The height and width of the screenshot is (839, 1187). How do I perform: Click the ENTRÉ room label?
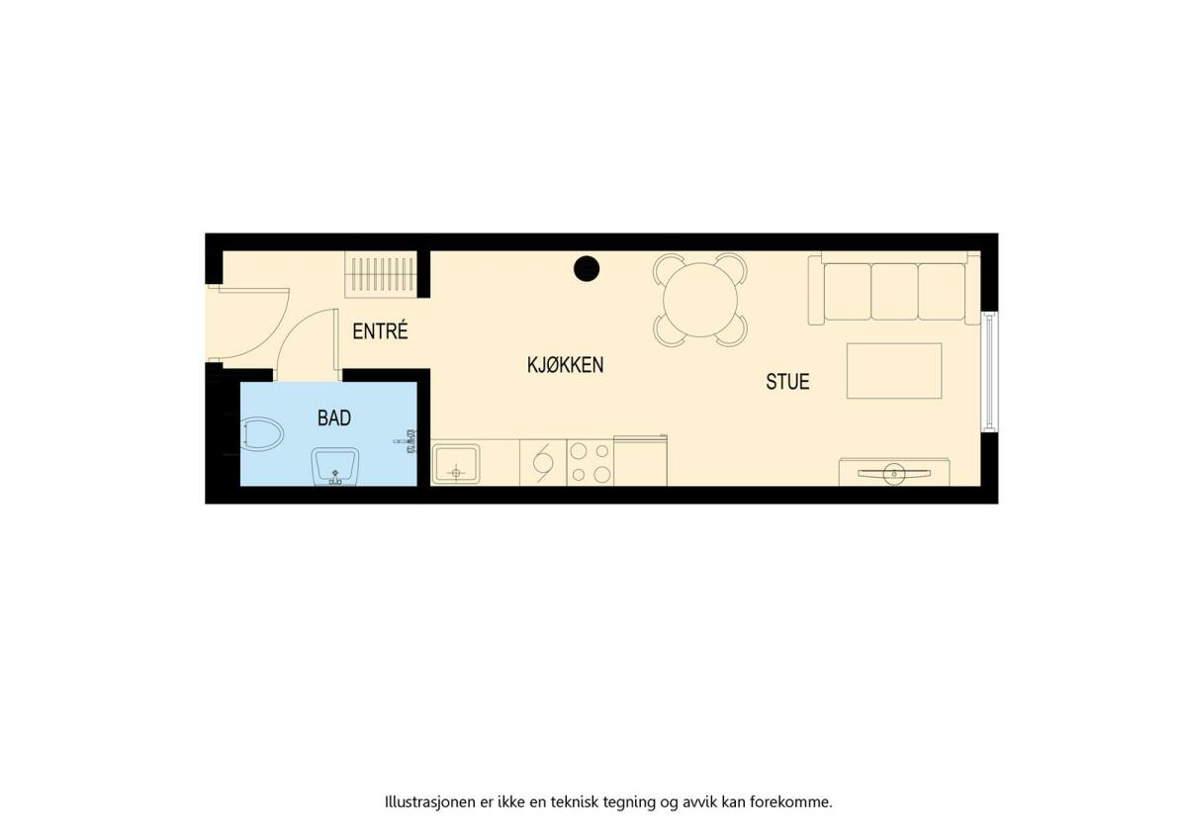pos(380,331)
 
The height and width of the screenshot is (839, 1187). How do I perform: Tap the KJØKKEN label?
pos(565,365)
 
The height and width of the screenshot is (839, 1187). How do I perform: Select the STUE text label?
pos(787,382)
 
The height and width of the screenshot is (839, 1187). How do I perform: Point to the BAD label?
pos(334,419)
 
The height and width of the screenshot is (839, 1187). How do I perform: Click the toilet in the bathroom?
pos(261,433)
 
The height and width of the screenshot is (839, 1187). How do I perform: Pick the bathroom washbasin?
pos(334,466)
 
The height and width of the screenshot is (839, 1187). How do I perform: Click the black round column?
pos(586,269)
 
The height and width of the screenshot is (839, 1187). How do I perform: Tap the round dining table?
pos(700,300)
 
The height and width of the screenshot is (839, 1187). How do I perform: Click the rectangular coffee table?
pos(894,370)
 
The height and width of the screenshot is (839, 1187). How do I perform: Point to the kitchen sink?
pos(456,464)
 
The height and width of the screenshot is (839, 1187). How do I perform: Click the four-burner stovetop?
pos(591,463)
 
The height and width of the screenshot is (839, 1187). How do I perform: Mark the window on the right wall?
pos(990,372)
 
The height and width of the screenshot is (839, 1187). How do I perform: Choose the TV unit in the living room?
pos(894,472)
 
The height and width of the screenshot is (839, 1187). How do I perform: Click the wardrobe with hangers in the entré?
pos(381,274)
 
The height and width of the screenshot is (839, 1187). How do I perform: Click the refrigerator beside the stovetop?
pos(640,460)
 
